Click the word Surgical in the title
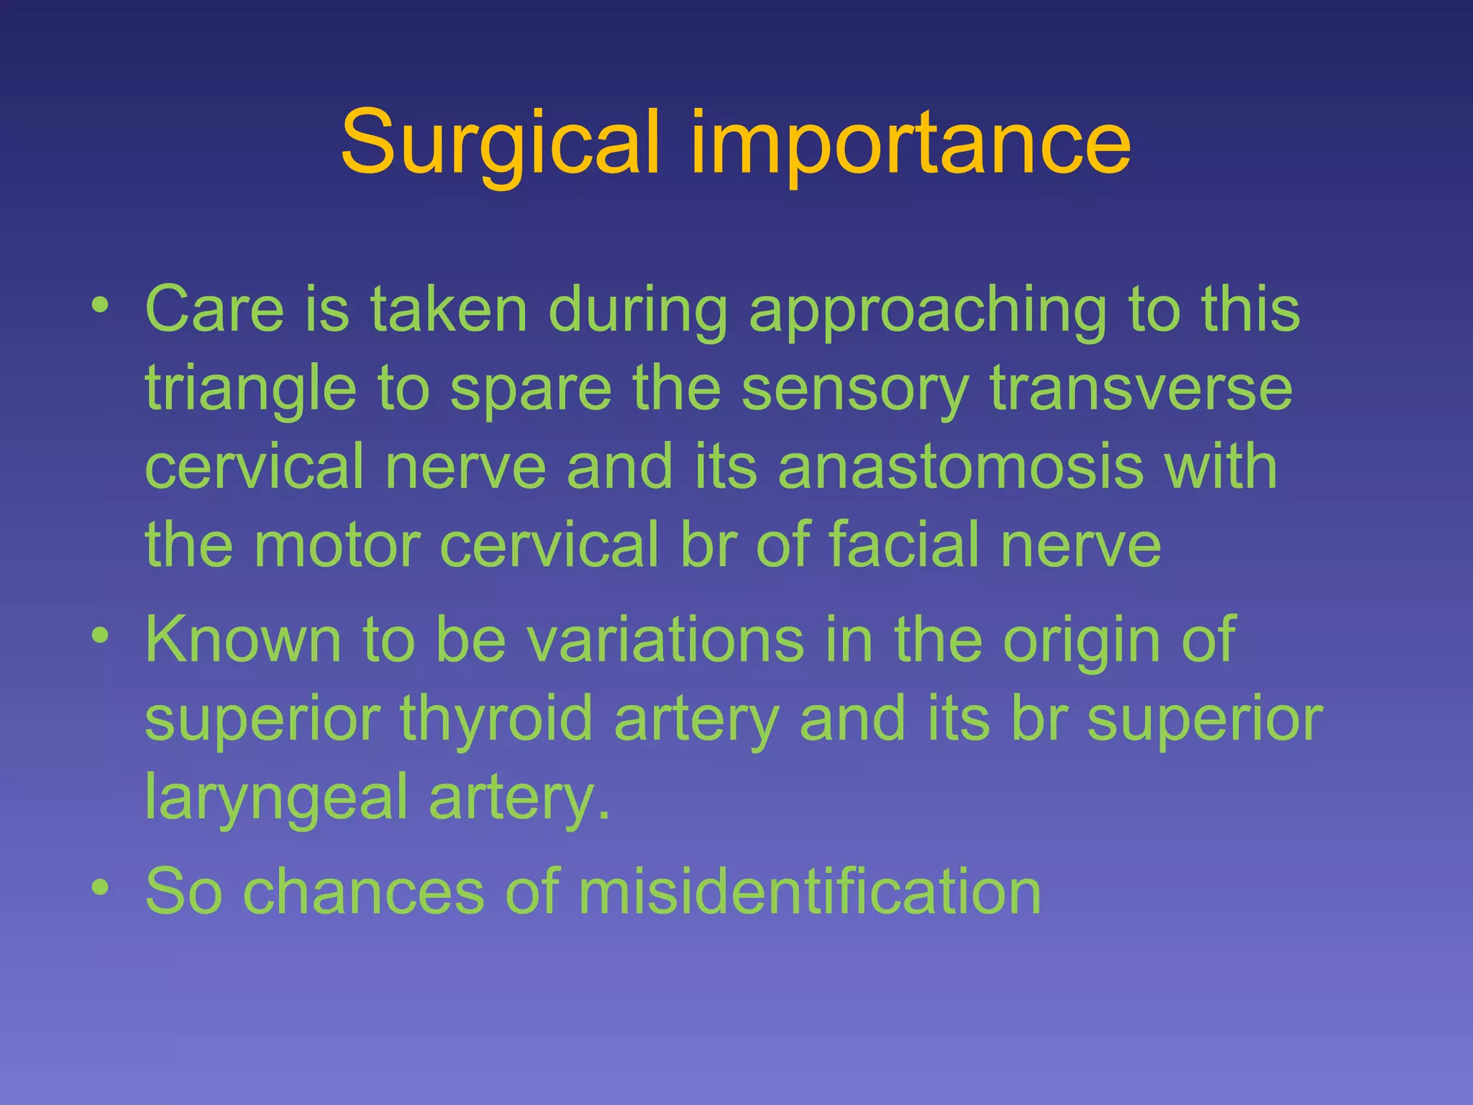[x=500, y=144]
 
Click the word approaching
[x=927, y=312]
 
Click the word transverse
[x=1141, y=388]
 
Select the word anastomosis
[x=960, y=467]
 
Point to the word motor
[x=337, y=545]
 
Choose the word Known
[x=243, y=640]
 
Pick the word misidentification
[x=809, y=891]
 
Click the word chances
[x=363, y=891]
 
